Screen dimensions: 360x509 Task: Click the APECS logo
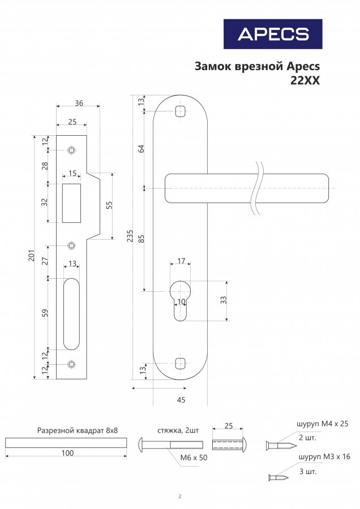[273, 34]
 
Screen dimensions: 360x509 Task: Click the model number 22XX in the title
[305, 80]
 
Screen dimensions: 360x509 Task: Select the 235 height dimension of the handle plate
[130, 236]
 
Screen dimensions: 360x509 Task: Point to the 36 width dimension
[79, 103]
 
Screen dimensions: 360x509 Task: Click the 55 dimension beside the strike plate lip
[109, 205]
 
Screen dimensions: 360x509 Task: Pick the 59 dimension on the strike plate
[45, 313]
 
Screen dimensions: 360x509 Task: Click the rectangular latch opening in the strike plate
[72, 203]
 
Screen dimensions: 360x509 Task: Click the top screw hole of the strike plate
[71, 150]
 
